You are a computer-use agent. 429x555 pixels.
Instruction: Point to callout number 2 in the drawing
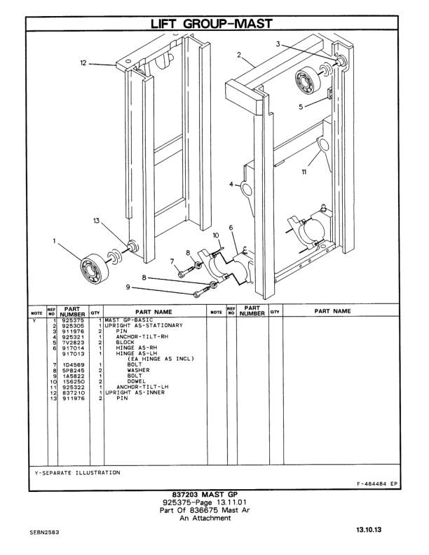pyautogui.click(x=239, y=54)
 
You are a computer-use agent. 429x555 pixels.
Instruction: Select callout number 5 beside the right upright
pyautogui.click(x=302, y=107)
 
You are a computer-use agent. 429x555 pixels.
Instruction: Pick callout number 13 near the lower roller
pyautogui.click(x=96, y=221)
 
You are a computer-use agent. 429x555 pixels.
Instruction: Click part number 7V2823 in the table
pyautogui.click(x=72, y=342)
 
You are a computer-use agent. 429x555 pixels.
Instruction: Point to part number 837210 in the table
pyautogui.click(x=72, y=392)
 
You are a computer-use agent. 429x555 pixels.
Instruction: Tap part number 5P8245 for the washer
pyautogui.click(x=72, y=370)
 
